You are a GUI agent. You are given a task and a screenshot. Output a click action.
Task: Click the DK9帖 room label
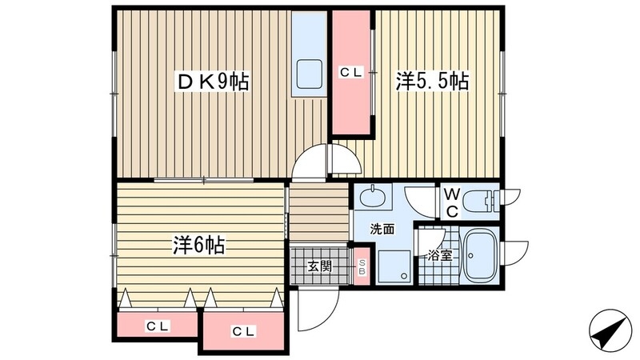pyautogui.click(x=212, y=81)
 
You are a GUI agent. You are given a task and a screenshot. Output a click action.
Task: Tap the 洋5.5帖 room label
pyautogui.click(x=432, y=81)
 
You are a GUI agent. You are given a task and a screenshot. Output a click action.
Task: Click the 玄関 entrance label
pyautogui.click(x=319, y=267)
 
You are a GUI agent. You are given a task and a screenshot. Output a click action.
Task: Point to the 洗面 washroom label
pyautogui.click(x=382, y=229)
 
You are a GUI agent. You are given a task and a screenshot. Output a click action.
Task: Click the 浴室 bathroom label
pyautogui.click(x=439, y=258)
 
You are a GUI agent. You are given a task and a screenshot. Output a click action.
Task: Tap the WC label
pyautogui.click(x=451, y=203)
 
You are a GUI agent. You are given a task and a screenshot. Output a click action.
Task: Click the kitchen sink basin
pyautogui.click(x=310, y=75)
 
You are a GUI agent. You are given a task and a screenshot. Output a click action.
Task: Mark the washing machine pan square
pyautogui.click(x=394, y=263)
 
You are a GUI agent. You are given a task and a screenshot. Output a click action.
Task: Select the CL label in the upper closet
pyautogui.click(x=351, y=73)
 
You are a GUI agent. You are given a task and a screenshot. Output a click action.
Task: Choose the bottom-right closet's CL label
pyautogui.click(x=243, y=330)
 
